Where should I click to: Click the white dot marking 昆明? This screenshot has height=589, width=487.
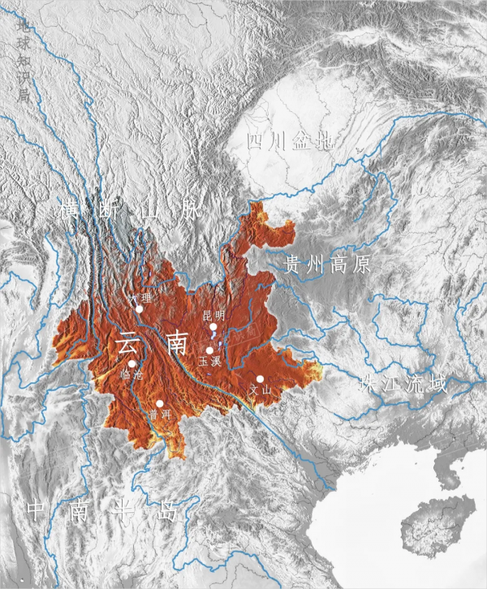coord(213,327)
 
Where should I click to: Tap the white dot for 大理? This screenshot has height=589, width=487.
coord(140,309)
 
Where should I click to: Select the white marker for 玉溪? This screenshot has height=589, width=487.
coord(210,350)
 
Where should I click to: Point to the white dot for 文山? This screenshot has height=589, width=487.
coord(260,379)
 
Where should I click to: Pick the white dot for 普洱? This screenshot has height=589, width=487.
coord(161,403)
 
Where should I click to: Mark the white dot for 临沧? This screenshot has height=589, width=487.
coord(132,363)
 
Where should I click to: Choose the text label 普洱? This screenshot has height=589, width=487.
coord(159,415)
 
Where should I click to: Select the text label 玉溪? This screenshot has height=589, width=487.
coord(209,362)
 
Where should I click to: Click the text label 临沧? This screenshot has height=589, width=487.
coord(131,375)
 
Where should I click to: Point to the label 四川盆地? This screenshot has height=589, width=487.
coord(290,142)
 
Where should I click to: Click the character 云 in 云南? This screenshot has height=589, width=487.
coord(128,342)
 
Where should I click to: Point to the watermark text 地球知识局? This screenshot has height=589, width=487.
coord(24,61)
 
